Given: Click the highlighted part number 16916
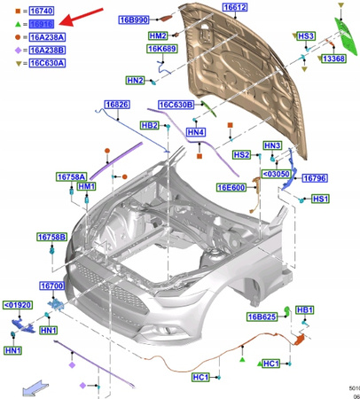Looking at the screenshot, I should click(42, 26).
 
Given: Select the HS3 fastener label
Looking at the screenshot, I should click(306, 35).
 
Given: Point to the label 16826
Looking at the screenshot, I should click(117, 106).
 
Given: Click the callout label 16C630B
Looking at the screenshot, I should click(176, 106).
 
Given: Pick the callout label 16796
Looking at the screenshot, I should click(315, 178).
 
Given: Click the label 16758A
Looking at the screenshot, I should click(74, 176).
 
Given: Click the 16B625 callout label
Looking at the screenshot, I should click(262, 317).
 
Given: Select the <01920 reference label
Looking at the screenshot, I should click(19, 305).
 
